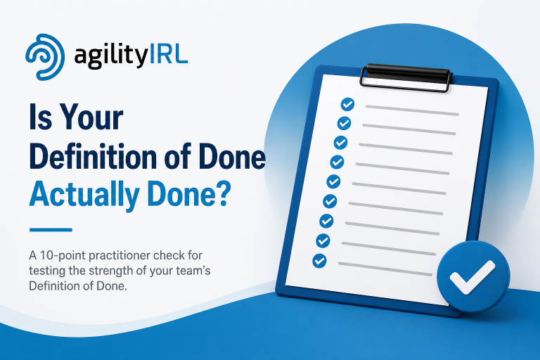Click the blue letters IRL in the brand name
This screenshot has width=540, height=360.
169,55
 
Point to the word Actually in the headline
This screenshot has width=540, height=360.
84,195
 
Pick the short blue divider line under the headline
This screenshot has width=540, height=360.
51,230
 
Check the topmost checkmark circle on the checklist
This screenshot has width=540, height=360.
347,104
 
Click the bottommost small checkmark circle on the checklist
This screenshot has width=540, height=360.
319,260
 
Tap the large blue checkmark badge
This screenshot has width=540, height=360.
473,276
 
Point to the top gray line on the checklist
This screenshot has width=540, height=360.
412,110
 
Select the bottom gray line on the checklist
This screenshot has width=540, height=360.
385,269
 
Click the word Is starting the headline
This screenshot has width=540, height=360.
41,117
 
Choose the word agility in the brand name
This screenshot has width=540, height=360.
111,56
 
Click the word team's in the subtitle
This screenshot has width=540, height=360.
193,271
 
